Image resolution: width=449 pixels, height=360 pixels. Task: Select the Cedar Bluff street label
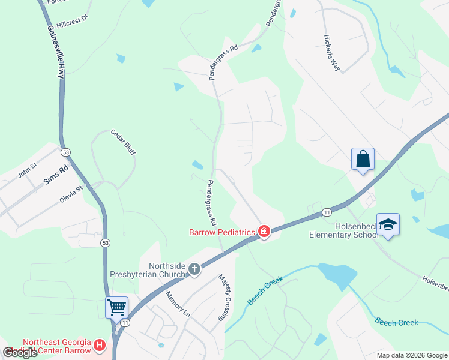[123, 142]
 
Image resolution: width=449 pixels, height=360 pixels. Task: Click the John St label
[28, 170]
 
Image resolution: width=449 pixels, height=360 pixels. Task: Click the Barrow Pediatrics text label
[223, 232]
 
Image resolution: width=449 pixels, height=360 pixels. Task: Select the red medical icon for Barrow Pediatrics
[264, 231]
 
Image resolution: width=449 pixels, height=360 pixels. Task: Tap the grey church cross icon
[194, 269]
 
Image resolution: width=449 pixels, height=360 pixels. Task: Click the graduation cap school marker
[388, 225]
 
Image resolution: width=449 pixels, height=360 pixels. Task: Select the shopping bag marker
[363, 159]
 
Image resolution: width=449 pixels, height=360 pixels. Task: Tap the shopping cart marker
[116, 308]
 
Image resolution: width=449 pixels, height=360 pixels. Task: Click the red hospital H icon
[100, 346]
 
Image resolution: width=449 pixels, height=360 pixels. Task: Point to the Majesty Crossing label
[224, 296]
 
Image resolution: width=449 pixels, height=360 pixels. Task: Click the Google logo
[20, 353]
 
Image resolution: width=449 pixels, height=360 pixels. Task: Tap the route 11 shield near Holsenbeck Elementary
[327, 212]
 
